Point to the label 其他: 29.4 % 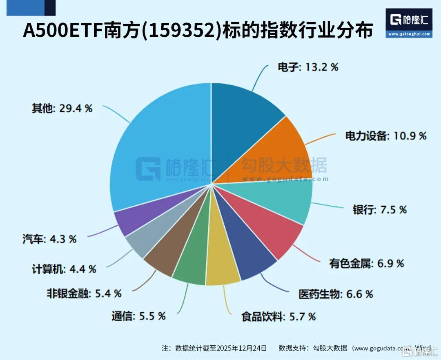click(62, 109)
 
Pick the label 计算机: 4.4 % click(64, 269)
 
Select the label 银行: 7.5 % click(380, 210)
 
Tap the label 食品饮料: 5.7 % click(278, 316)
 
